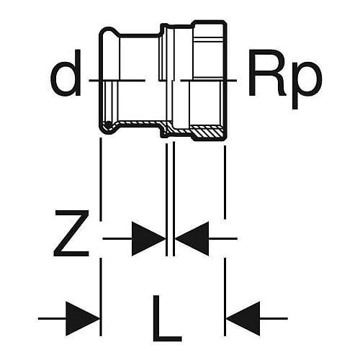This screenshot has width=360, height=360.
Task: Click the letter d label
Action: [x=66, y=73]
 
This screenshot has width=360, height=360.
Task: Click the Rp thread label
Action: [x=285, y=79]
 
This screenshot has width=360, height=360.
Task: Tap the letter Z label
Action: [x=71, y=233]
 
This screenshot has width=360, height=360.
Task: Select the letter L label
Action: [x=167, y=318]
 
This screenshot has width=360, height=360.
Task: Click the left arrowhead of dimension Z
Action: [x=149, y=238]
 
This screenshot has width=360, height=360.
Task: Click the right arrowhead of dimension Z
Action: [x=192, y=238]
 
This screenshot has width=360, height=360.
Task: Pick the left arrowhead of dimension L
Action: [x=83, y=319]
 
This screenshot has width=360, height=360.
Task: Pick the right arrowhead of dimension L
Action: [x=243, y=319]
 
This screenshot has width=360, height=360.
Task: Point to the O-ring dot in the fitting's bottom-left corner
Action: [x=109, y=125]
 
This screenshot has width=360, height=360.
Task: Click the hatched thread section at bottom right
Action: [x=207, y=132]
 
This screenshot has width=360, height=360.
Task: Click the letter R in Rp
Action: [x=268, y=73]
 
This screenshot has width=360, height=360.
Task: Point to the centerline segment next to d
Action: [x=117, y=80]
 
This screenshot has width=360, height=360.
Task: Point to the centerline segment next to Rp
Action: [x=209, y=80]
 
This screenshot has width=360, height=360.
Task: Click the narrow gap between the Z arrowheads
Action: [x=171, y=238]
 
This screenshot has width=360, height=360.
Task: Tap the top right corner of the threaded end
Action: [x=225, y=22]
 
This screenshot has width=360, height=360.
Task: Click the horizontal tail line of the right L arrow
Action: [x=274, y=319]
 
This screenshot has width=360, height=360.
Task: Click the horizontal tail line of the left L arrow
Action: [x=52, y=319]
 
